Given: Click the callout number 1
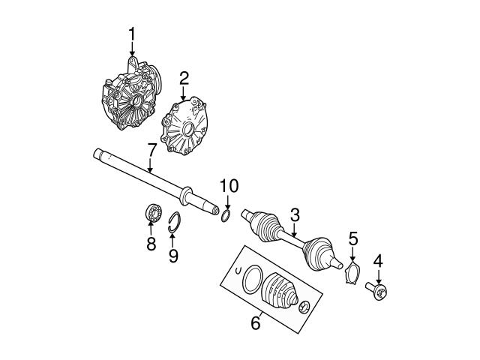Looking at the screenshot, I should point(132,34).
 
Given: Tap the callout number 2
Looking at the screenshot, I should point(182,77).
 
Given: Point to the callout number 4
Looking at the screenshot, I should point(378,261).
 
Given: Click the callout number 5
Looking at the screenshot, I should point(353,240).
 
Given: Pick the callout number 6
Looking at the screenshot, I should point(255,323).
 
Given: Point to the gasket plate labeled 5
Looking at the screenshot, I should point(350,271).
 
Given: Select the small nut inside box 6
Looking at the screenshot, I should point(305,306).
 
